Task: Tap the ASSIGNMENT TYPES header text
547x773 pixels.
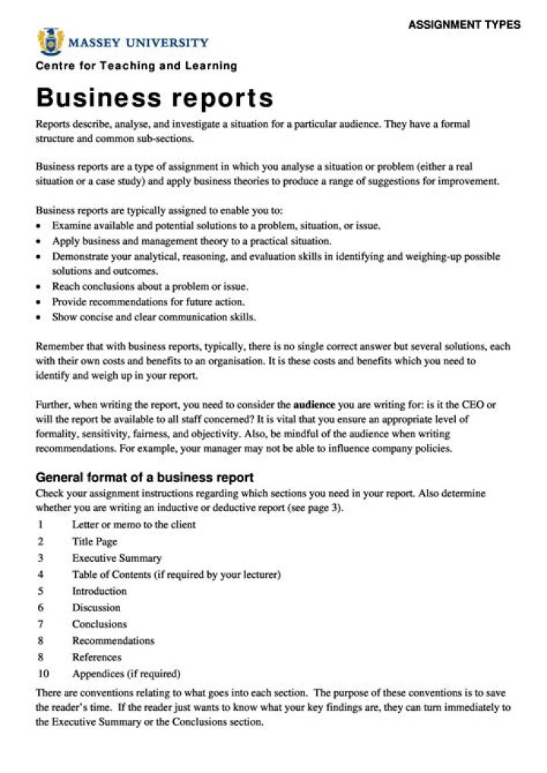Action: pyautogui.click(x=463, y=24)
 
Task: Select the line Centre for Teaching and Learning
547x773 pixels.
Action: pyautogui.click(x=136, y=66)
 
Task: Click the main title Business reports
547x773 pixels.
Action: pyautogui.click(x=154, y=98)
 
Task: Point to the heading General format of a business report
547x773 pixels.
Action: pyautogui.click(x=144, y=478)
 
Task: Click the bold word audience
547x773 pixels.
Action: pyautogui.click(x=314, y=405)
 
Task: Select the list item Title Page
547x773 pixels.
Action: pyautogui.click(x=95, y=541)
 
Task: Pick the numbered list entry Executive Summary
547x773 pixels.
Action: pyautogui.click(x=116, y=558)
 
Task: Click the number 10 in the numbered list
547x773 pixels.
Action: pyautogui.click(x=43, y=674)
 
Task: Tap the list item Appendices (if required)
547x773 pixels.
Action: pyautogui.click(x=126, y=674)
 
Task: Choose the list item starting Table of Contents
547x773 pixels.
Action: pyautogui.click(x=176, y=575)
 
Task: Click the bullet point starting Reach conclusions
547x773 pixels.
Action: pyautogui.click(x=150, y=286)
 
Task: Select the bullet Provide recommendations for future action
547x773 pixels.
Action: pyautogui.click(x=159, y=301)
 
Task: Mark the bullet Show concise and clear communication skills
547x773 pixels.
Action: pyautogui.click(x=153, y=317)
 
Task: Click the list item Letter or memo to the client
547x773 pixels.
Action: pyautogui.click(x=134, y=525)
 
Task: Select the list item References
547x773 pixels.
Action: pyautogui.click(x=96, y=657)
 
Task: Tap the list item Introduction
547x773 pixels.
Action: pyautogui.click(x=100, y=591)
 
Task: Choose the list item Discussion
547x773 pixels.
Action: pyautogui.click(x=96, y=607)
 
